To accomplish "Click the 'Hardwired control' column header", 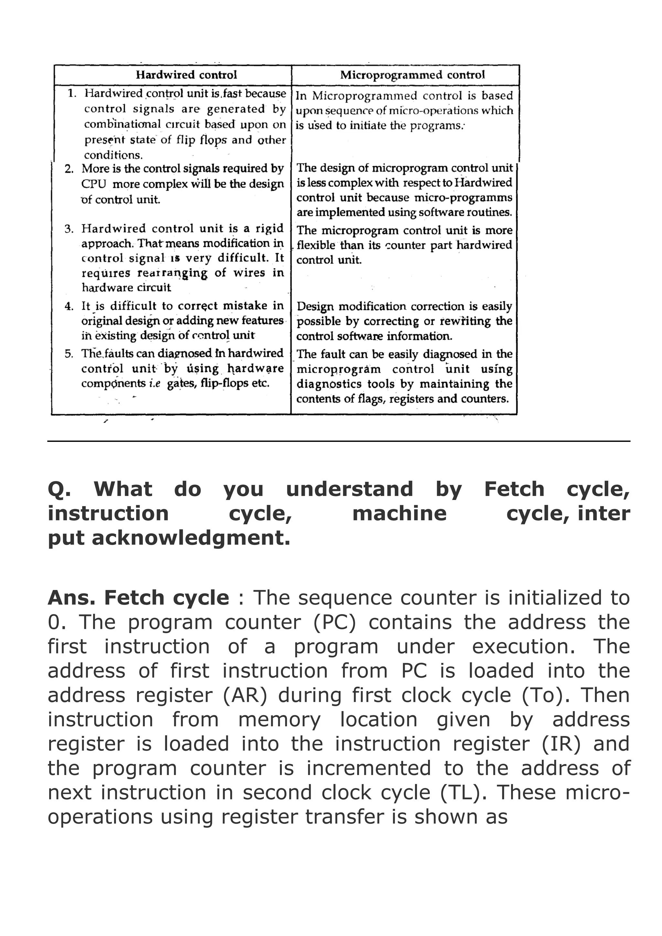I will [x=186, y=75].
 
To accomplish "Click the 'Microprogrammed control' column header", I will [x=412, y=75].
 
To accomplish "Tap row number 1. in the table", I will [x=72, y=93].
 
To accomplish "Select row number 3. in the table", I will [x=69, y=229].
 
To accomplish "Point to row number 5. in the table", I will [x=69, y=354].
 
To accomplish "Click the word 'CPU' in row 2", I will [x=93, y=184].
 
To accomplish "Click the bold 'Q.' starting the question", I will [x=59, y=489].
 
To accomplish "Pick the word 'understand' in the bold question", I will [x=349, y=489].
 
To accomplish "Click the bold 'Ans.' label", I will [x=71, y=598].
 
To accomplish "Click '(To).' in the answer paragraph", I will [x=546, y=696].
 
